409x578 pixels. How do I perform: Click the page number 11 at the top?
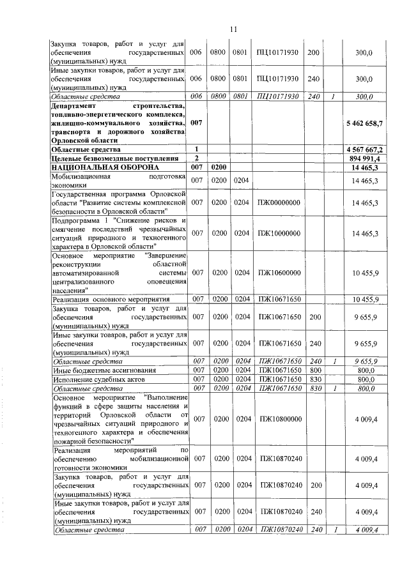tap(233, 29)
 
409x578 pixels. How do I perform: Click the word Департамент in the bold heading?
tap(75, 105)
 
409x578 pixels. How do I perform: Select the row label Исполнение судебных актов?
tap(91, 379)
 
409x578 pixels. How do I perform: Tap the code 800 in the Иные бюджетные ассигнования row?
tap(314, 370)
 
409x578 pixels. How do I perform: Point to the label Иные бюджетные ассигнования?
tap(97, 370)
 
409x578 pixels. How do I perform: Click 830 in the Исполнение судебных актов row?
tap(314, 379)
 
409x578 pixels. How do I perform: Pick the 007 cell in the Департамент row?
tap(197, 121)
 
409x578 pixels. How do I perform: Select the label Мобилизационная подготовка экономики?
tap(119, 180)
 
